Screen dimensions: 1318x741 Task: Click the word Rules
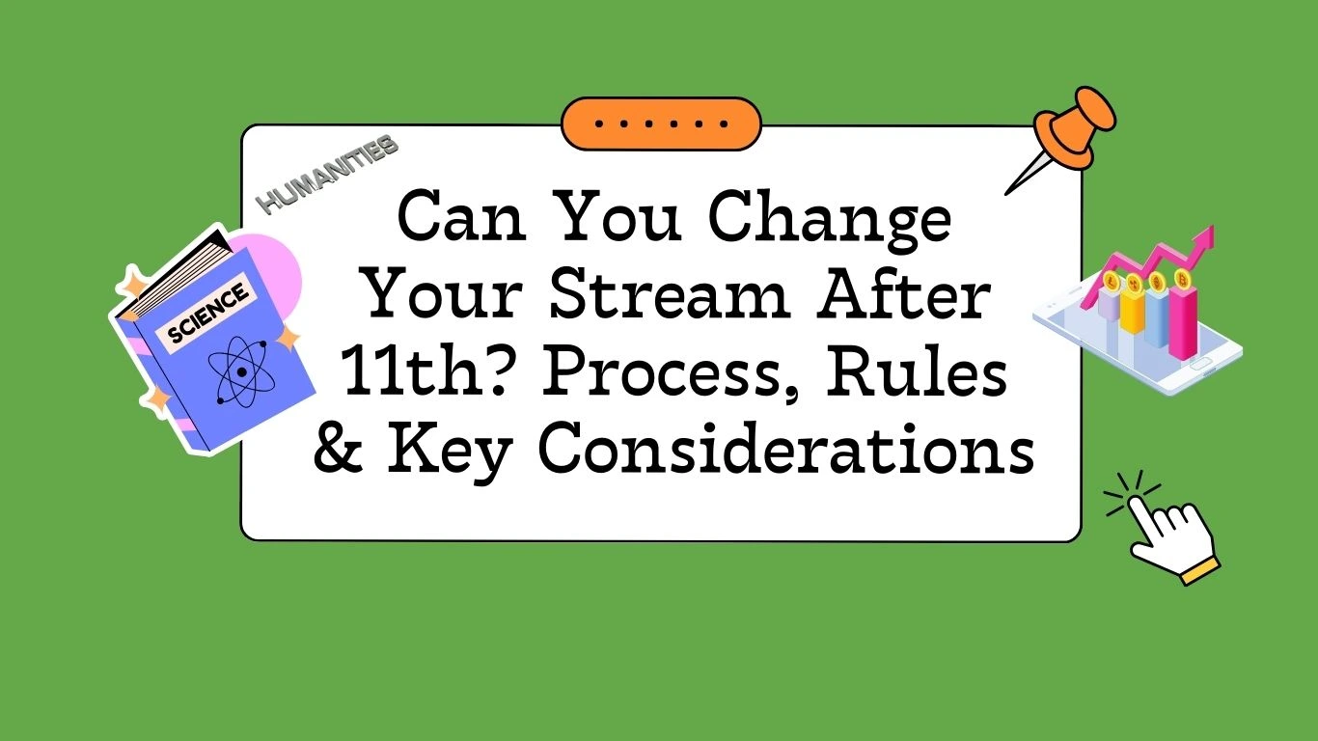pyautogui.click(x=917, y=372)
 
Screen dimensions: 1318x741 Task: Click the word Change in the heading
pyautogui.click(x=829, y=221)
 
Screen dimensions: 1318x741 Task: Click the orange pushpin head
pyautogui.click(x=1075, y=128)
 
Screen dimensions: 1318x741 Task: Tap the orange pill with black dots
pyautogui.click(x=661, y=123)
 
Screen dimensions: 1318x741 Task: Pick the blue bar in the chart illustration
pyautogui.click(x=1156, y=316)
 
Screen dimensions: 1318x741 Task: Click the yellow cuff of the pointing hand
pyautogui.click(x=1201, y=571)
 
